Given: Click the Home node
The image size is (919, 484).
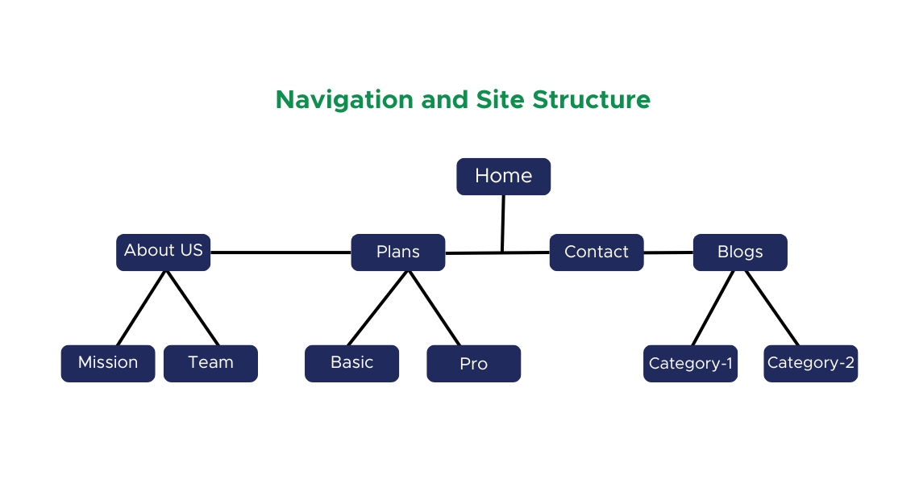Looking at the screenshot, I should pyautogui.click(x=503, y=176).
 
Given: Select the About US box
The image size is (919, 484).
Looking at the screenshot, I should pyautogui.click(x=163, y=252).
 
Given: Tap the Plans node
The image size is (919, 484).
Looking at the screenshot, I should pyautogui.click(x=397, y=252).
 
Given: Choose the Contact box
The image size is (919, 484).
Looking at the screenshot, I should pyautogui.click(x=596, y=252).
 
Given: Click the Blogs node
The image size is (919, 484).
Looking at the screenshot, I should pyautogui.click(x=739, y=252).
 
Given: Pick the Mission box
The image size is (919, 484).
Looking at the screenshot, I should pyautogui.click(x=107, y=363).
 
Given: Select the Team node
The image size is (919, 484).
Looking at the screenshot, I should pyautogui.click(x=210, y=363).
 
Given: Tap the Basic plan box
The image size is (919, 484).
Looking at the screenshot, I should pyautogui.click(x=351, y=363).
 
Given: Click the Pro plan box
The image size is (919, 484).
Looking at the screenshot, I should pyautogui.click(x=473, y=364).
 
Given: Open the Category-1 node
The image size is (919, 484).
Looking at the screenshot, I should pyautogui.click(x=690, y=364).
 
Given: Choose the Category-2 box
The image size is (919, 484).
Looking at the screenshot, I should pyautogui.click(x=810, y=363).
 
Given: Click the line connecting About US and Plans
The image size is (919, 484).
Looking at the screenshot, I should pyautogui.click(x=281, y=252).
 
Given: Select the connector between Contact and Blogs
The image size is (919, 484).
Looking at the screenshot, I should pyautogui.click(x=668, y=252).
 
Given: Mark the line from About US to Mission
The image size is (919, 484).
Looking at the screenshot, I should pyautogui.click(x=142, y=308).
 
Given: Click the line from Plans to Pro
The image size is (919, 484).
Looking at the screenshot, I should pyautogui.click(x=435, y=308).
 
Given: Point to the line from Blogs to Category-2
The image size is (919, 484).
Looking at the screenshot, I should pyautogui.click(x=771, y=308).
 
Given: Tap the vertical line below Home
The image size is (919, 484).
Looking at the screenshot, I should pyautogui.click(x=503, y=223).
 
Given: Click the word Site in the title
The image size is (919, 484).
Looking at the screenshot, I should pyautogui.click(x=499, y=100).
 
